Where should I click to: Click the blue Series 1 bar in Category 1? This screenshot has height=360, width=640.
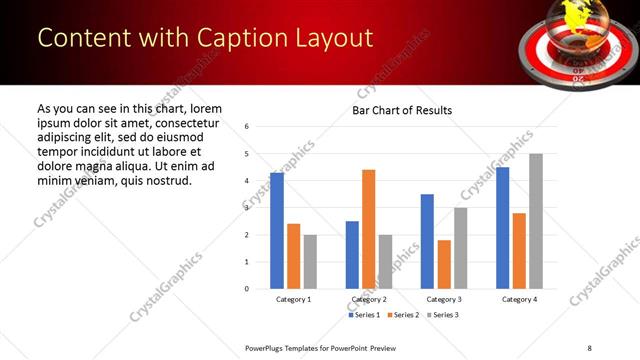277,231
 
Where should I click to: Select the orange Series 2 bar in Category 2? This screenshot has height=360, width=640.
369,229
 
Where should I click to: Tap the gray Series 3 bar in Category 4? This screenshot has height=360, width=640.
536,221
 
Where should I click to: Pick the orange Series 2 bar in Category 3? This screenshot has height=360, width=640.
444,264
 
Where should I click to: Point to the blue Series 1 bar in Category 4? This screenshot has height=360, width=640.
502,228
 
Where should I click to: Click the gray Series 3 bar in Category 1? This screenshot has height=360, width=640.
311,262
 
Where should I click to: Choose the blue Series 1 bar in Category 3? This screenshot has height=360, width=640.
427,241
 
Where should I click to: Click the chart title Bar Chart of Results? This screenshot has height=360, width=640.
402,110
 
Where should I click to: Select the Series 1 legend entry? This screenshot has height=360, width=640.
364,315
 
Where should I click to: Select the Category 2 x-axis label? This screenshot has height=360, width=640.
369,300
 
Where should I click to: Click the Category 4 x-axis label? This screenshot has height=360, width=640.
519,300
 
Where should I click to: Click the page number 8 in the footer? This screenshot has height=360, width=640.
588,347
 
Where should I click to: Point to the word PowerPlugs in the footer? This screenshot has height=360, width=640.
270,347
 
